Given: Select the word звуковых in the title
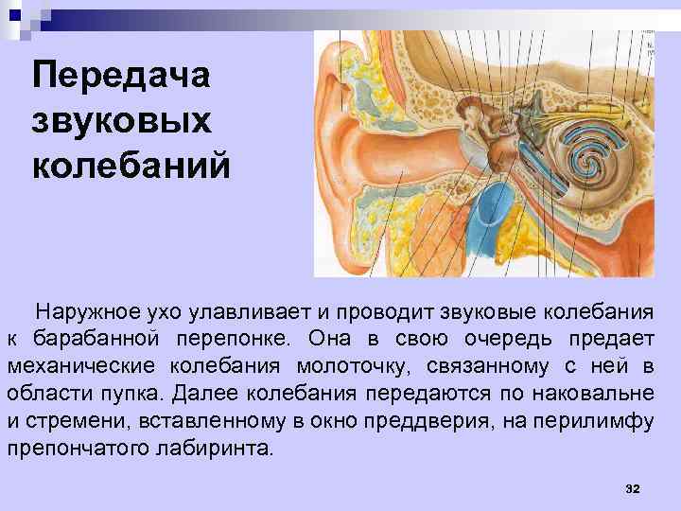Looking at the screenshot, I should (x=124, y=121).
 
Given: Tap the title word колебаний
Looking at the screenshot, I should (x=131, y=166).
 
